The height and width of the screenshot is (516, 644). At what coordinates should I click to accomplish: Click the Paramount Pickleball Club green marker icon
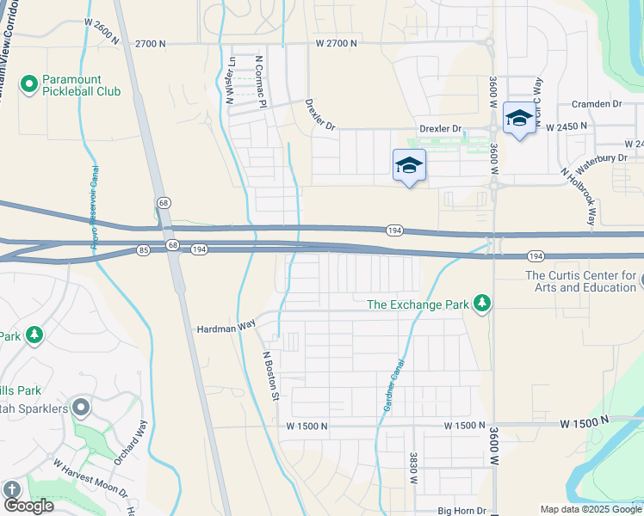click(x=28, y=83)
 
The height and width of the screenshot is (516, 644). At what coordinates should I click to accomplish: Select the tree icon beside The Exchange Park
click(x=483, y=304)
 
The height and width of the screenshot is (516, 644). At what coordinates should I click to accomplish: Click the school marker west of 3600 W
click(x=409, y=167)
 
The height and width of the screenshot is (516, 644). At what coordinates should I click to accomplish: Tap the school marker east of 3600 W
click(x=519, y=120)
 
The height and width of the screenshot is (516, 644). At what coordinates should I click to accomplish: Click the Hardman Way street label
click(x=226, y=328)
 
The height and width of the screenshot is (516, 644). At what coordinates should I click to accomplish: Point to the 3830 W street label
click(x=414, y=470)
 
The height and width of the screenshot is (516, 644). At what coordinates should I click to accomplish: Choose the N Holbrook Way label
click(x=578, y=198)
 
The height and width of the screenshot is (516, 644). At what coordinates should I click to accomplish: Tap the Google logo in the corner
click(x=28, y=506)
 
